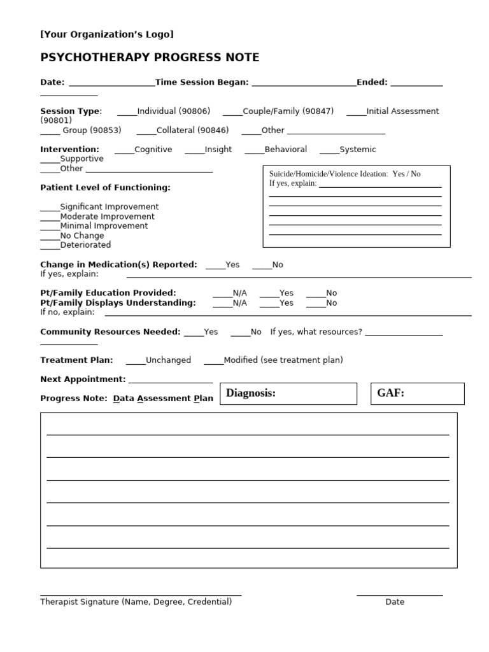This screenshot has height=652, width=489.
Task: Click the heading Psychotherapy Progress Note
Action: tap(150, 57)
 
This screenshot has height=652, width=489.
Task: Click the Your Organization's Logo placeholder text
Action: tap(106, 34)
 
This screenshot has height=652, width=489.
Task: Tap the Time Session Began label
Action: tap(202, 82)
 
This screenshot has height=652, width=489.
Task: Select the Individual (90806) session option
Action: tap(173, 111)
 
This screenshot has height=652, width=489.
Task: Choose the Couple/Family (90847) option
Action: tap(288, 111)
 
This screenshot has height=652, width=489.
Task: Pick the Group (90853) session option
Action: tap(91, 130)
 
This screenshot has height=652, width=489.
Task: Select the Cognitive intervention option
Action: tap(153, 149)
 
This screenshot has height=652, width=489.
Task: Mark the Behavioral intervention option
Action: tap(285, 149)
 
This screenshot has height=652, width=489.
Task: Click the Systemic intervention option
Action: tap(357, 149)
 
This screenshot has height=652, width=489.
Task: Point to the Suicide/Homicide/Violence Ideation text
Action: tap(328, 174)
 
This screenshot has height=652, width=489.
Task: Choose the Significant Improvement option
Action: tap(109, 207)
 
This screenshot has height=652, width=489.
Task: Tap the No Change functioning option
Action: tap(81, 236)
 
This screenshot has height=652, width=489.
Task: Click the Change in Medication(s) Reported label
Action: tap(118, 264)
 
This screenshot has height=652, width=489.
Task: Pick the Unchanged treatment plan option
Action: tap(168, 360)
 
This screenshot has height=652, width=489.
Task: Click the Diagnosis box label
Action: tap(251, 393)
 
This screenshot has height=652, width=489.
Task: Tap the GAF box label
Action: tap(390, 393)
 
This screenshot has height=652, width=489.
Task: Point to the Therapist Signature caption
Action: tap(136, 602)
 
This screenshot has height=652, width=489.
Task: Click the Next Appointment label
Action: tap(83, 379)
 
